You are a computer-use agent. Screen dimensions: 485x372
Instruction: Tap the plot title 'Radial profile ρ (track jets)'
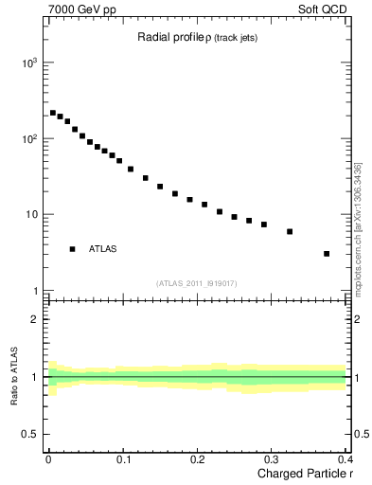pyautogui.click(x=197, y=38)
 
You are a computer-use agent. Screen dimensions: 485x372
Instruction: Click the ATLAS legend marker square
pyautogui.click(x=72, y=249)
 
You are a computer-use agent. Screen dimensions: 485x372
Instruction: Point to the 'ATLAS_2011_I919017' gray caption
pyautogui.click(x=197, y=283)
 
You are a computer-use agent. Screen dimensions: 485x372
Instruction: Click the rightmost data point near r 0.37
pyautogui.click(x=327, y=254)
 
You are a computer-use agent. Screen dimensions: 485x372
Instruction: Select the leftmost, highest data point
pyautogui.click(x=53, y=113)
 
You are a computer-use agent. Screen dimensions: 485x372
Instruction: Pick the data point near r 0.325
pyautogui.click(x=290, y=231)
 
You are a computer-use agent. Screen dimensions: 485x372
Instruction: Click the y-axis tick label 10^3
pyautogui.click(x=28, y=63)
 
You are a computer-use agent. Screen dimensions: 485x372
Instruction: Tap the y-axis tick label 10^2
pyautogui.click(x=28, y=138)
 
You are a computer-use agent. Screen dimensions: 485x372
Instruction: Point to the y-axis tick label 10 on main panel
pyautogui.click(x=31, y=215)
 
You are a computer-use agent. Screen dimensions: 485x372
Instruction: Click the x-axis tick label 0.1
pyautogui.click(x=122, y=461)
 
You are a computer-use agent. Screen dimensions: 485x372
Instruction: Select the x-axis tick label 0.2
pyautogui.click(x=197, y=461)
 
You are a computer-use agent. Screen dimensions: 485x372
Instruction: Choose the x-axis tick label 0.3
pyautogui.click(x=271, y=461)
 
